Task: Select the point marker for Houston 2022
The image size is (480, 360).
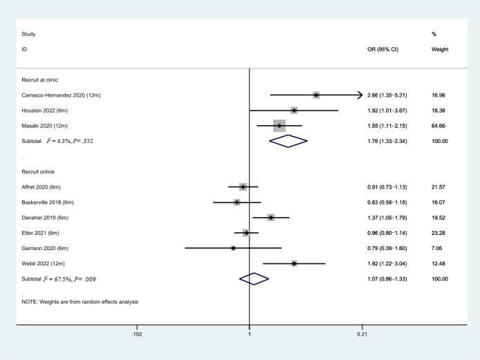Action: click(294, 111)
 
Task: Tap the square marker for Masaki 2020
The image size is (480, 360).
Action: click(279, 126)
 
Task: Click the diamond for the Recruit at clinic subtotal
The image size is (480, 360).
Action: click(288, 141)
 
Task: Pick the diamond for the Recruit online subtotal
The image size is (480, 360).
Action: click(254, 278)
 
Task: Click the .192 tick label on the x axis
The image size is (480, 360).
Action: click(136, 334)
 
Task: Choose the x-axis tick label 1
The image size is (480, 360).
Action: click(249, 334)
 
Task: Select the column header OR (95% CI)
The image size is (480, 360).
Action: click(384, 50)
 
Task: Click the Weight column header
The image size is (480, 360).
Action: click(439, 50)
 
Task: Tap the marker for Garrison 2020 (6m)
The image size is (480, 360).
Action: click(233, 248)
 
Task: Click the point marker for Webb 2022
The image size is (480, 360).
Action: click(294, 263)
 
